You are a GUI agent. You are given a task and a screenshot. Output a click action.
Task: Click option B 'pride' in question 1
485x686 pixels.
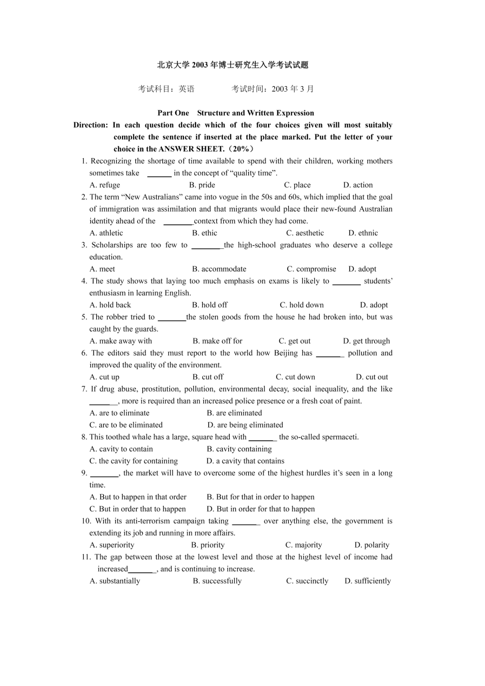[202, 185]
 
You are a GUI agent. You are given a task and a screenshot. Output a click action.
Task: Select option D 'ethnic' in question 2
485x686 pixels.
[363, 233]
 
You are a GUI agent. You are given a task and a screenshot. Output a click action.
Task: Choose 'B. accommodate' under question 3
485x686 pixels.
[219, 269]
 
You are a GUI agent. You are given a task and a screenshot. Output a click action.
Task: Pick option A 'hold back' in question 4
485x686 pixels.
[110, 305]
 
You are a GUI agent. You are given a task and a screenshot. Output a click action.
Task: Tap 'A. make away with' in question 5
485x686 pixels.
[120, 341]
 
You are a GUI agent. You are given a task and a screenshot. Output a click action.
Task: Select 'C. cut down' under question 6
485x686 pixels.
[295, 377]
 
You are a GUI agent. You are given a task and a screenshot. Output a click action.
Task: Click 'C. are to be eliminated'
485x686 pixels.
[126, 425]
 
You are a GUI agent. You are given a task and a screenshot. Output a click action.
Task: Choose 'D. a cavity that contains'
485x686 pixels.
[245, 461]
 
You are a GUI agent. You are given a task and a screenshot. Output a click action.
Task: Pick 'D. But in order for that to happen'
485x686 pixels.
[260, 509]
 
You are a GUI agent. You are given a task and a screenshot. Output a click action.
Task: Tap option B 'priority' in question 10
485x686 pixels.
[208, 545]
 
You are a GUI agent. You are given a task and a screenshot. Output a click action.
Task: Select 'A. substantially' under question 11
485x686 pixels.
[115, 581]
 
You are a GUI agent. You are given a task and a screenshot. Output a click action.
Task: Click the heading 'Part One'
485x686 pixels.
[173, 113]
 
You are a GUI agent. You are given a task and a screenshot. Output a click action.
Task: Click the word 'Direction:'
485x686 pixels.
[90, 125]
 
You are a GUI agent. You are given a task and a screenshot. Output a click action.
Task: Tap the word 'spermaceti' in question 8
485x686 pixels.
[339, 437]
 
